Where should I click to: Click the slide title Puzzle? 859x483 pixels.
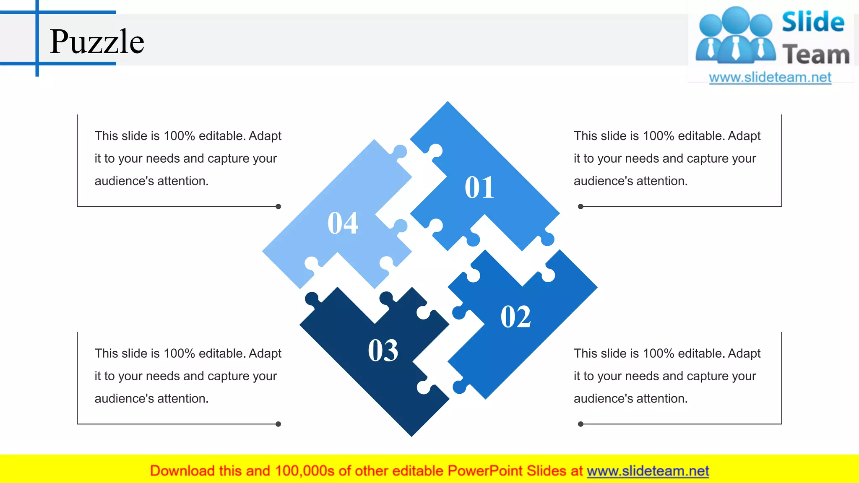pyautogui.click(x=97, y=42)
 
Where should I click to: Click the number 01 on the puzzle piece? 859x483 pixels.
pyautogui.click(x=479, y=187)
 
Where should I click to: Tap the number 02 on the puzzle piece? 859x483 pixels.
pyautogui.click(x=515, y=317)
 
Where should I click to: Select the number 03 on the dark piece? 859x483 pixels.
pyautogui.click(x=383, y=350)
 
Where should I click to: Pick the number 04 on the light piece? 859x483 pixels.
pyautogui.click(x=343, y=223)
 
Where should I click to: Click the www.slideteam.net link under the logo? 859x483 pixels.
pyautogui.click(x=770, y=77)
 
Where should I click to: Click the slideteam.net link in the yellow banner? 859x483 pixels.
pyautogui.click(x=648, y=471)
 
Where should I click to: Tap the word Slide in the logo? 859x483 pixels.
pyautogui.click(x=813, y=22)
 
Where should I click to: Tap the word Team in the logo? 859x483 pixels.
pyautogui.click(x=816, y=55)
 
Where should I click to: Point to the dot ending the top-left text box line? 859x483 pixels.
pyautogui.click(x=278, y=206)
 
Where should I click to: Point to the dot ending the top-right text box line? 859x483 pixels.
pyautogui.click(x=580, y=206)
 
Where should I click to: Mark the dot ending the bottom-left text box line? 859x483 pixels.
pyautogui.click(x=278, y=424)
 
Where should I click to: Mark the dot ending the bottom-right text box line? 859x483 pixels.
pyautogui.click(x=580, y=424)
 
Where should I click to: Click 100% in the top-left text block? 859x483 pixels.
pyautogui.click(x=179, y=136)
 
